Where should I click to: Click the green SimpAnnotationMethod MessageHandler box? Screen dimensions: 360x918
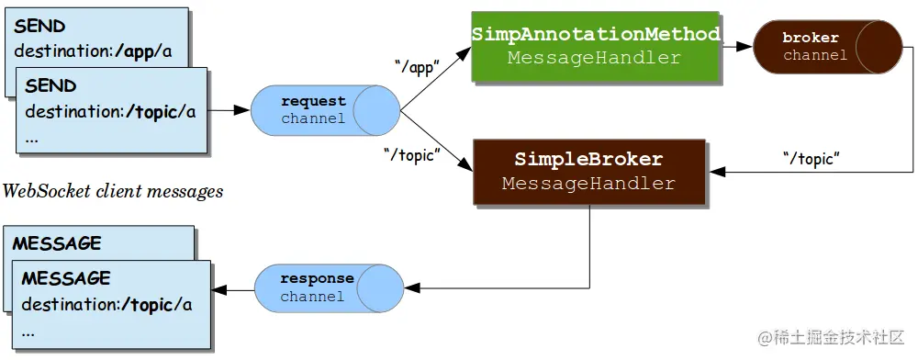pos(596,46)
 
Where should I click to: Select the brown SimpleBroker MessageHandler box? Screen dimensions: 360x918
pos(588,172)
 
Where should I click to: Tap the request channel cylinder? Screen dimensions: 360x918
pos(326,109)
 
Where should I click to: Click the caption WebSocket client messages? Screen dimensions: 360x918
pos(113,192)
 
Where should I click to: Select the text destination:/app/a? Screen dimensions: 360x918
pos(93,51)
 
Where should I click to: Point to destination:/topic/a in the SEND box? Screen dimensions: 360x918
pos(110,112)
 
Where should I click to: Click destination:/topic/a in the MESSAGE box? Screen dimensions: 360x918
pos(106,304)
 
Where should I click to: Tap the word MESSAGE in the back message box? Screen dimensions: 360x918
pos(56,243)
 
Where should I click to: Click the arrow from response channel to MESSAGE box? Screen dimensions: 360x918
pos(233,291)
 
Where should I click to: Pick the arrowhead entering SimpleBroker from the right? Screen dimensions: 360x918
pos(716,172)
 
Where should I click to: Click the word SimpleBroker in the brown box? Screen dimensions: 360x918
pos(588,160)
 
